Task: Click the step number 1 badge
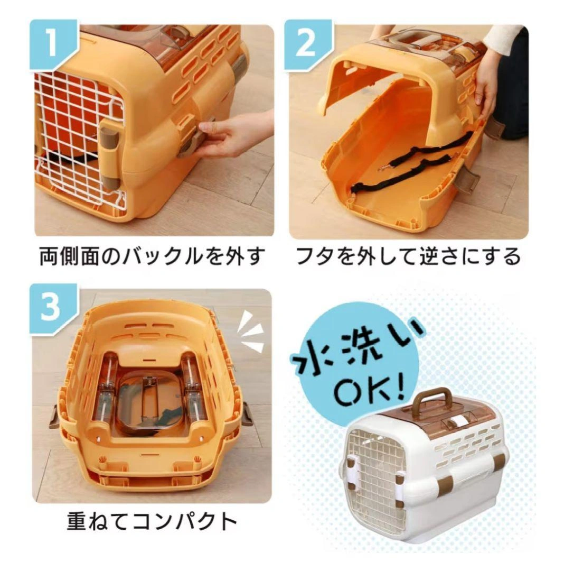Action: click(x=53, y=44)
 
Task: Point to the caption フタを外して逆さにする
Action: click(x=408, y=256)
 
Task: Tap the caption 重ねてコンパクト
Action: click(x=152, y=521)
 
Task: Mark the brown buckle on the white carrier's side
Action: click(x=447, y=483)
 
